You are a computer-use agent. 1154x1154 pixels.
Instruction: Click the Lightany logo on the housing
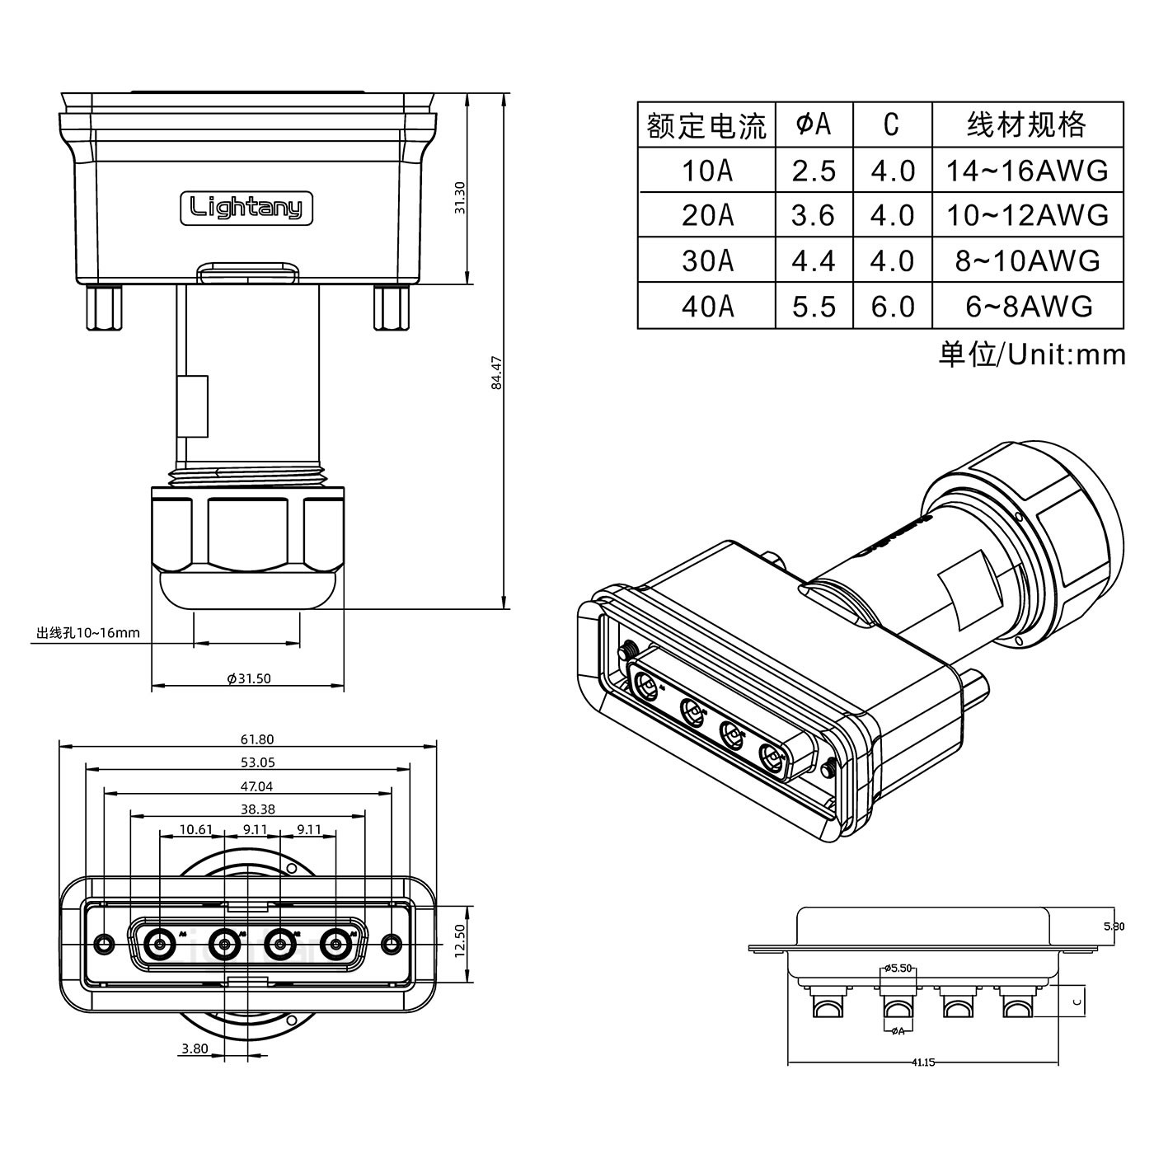point(246,208)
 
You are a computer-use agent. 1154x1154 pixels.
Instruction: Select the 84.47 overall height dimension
point(496,373)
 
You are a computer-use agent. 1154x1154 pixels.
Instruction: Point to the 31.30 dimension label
point(460,198)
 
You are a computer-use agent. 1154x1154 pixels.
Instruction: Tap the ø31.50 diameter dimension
point(249,678)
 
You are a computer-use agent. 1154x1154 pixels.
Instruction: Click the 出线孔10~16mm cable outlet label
point(88,633)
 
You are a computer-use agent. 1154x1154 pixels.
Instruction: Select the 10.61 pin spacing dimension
point(195,829)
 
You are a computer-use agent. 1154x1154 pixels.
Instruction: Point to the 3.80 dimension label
point(195,1049)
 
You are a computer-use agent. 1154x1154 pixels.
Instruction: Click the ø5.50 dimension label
point(898,968)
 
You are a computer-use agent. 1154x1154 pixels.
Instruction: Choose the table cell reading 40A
point(706,306)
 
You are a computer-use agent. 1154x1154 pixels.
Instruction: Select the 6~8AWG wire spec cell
point(1028,306)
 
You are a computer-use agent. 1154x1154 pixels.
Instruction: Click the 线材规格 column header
point(1027,125)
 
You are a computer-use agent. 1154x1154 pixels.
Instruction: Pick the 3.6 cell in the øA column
point(814,215)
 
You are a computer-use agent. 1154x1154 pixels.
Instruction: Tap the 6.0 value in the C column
point(893,306)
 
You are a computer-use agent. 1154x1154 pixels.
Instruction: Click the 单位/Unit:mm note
point(1031,354)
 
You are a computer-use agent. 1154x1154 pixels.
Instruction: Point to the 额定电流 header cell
point(706,125)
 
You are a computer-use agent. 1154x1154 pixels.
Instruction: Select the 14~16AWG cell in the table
point(1028,171)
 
